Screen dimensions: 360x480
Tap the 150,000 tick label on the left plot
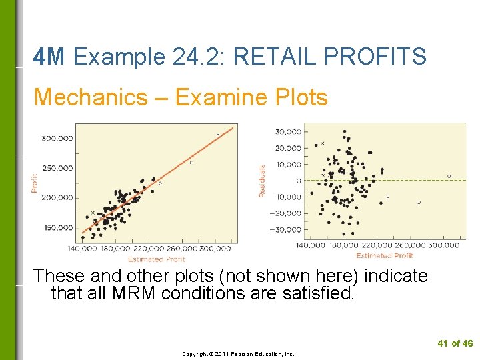(x=59, y=227)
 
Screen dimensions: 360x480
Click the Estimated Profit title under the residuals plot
(x=385, y=256)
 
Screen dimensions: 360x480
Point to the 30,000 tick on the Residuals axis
(x=288, y=131)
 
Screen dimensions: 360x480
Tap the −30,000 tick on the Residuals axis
(x=286, y=229)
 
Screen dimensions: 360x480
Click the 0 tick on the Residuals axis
(x=298, y=181)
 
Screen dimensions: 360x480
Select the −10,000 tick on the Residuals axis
(x=286, y=197)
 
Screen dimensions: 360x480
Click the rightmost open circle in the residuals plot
(x=449, y=177)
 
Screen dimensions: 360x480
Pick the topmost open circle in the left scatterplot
(x=217, y=135)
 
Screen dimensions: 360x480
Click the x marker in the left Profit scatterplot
(x=93, y=213)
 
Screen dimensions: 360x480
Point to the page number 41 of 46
(x=455, y=343)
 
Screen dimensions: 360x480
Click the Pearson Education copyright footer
(x=238, y=354)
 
